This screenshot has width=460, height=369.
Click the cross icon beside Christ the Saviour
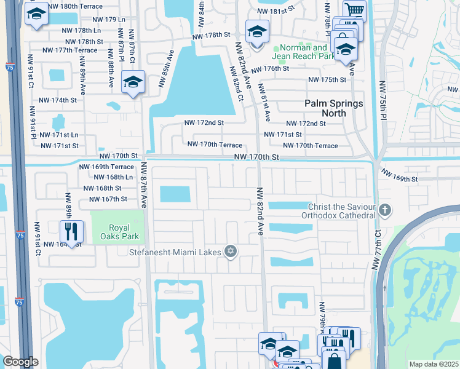[384, 210]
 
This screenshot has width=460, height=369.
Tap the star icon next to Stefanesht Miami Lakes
[231, 251]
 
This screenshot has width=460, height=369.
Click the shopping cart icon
[355, 10]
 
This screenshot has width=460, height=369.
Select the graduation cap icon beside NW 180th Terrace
[36, 15]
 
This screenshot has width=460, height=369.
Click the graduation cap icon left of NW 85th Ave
[133, 82]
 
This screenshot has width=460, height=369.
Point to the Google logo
[20, 362]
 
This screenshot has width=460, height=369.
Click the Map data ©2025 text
[434, 364]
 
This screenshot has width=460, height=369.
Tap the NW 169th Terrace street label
[106, 167]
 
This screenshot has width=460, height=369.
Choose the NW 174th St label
[58, 100]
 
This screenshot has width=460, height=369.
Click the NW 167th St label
[108, 199]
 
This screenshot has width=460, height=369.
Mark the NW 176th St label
[269, 69]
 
